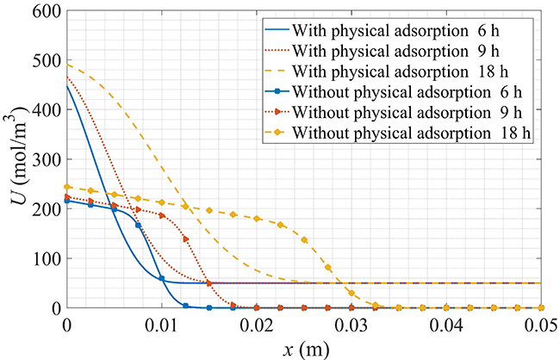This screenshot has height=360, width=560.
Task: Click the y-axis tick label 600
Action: pos(43,11)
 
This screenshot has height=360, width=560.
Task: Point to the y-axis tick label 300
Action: pos(43,159)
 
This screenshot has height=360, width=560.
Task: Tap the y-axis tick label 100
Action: pos(43,258)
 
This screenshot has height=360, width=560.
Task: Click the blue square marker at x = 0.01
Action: pos(162,278)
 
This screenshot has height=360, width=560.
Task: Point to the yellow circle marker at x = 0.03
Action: pos(351,293)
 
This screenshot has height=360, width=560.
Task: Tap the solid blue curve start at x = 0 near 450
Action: pos(67,85)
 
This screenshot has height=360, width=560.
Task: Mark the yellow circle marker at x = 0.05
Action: pos(540,307)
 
